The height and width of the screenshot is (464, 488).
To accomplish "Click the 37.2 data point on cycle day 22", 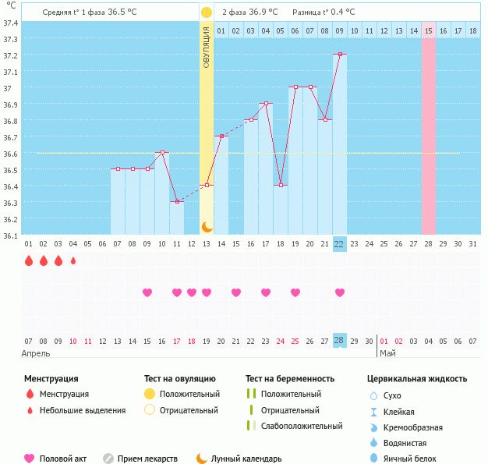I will click(x=340, y=55).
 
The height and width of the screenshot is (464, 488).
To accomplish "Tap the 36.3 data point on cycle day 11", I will click(x=177, y=202).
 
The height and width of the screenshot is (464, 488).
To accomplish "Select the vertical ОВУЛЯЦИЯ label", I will click(x=207, y=47).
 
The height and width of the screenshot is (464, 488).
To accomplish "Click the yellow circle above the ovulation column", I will click(x=207, y=12).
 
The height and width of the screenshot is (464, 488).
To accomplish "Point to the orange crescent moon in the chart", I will click(x=207, y=226).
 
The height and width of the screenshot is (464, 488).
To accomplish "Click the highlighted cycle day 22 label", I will click(x=339, y=243).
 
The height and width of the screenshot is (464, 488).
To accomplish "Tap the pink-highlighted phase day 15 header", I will click(x=429, y=30).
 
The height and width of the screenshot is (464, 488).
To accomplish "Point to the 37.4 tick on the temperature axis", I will click(x=11, y=23).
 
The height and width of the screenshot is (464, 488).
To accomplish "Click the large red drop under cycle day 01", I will click(x=29, y=261).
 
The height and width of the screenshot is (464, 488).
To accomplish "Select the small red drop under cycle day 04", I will click(x=73, y=261).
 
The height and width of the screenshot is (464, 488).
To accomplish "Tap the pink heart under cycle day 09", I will click(x=147, y=292).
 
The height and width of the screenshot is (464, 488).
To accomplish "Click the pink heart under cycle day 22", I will click(x=340, y=292).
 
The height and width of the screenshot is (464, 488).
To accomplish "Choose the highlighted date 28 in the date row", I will click(x=339, y=341).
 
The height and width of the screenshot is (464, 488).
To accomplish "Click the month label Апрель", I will click(x=37, y=353).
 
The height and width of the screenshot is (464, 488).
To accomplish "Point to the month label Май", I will click(x=387, y=353).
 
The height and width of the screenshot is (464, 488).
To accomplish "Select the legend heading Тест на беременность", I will click(x=290, y=378).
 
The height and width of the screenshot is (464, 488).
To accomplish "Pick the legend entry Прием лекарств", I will click(x=147, y=459).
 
